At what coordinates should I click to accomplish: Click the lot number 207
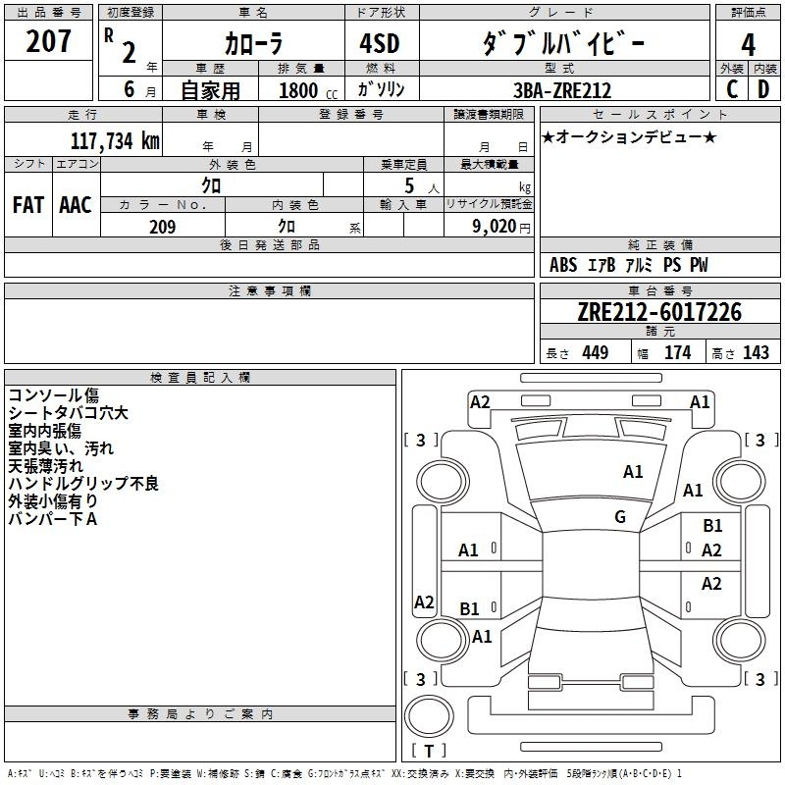tap(48, 41)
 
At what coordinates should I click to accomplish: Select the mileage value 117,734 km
tap(115, 140)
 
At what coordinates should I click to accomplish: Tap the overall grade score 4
tap(748, 44)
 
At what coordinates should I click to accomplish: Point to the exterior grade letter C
tap(732, 89)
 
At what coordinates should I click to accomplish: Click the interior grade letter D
tap(763, 89)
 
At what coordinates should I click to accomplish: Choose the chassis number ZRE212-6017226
tap(659, 312)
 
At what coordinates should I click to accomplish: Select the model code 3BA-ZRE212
tap(562, 90)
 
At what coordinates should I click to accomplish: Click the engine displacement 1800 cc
tap(308, 90)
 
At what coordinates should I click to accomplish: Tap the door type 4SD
tap(380, 43)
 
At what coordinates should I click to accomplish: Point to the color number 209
tap(162, 227)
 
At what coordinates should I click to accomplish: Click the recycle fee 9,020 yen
tap(500, 227)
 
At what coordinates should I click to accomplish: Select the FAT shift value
tap(28, 205)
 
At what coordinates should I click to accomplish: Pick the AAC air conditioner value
tap(76, 205)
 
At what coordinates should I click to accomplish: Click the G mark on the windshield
tap(620, 516)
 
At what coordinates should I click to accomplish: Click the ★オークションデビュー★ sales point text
tap(629, 136)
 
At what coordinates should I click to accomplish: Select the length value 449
tap(595, 352)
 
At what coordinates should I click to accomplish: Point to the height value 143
tap(756, 352)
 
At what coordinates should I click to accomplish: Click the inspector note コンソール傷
tap(54, 395)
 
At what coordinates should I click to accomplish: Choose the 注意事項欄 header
tap(270, 290)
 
